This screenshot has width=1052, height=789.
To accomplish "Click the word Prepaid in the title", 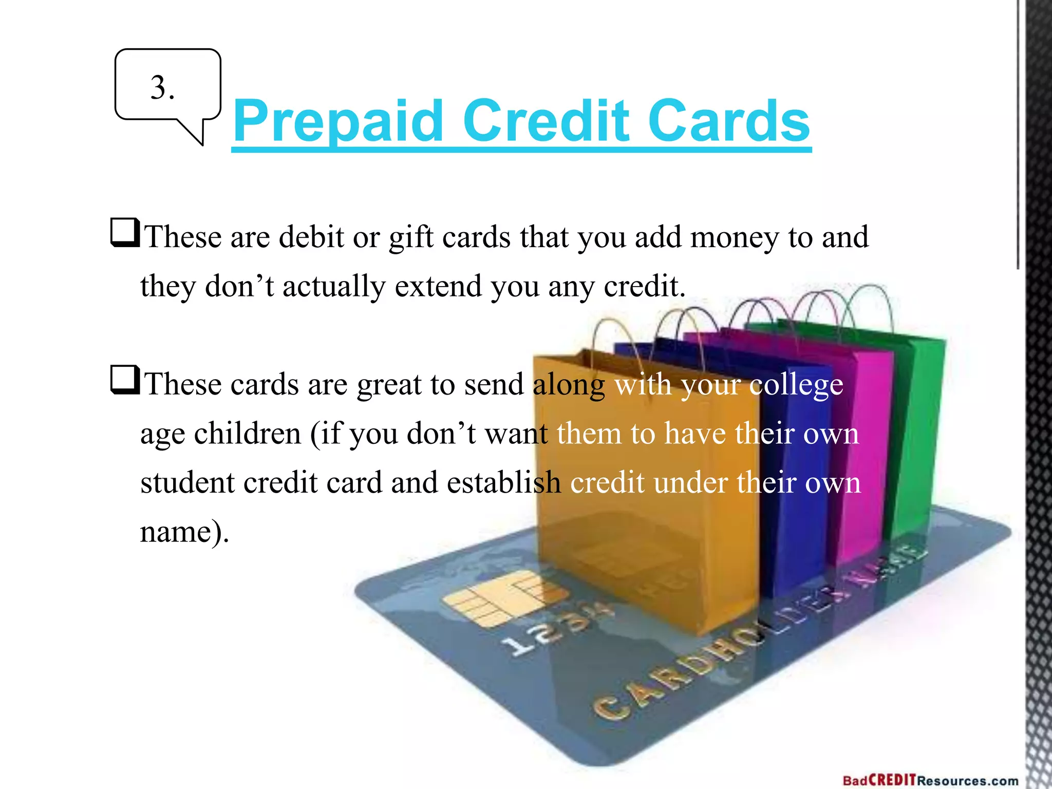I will [x=338, y=122].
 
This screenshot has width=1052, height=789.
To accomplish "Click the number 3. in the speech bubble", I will [x=162, y=88].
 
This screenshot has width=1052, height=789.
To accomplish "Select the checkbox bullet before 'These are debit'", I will [x=125, y=232].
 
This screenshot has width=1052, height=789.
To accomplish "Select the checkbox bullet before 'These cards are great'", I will [x=125, y=380].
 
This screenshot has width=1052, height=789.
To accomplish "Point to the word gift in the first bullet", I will [x=410, y=238].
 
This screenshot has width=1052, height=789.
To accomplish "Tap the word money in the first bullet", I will [x=734, y=238].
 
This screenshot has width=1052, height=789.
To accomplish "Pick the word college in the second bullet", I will [x=796, y=385].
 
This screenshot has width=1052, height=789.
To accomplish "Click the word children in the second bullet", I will [x=247, y=433].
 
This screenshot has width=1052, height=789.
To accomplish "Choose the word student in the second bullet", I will [x=187, y=482].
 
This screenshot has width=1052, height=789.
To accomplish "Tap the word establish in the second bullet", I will [x=503, y=482].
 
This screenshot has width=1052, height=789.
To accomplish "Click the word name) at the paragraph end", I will [x=184, y=532].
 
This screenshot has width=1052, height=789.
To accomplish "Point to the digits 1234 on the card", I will [x=555, y=632].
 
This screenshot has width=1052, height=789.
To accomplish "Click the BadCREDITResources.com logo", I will [x=930, y=780].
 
